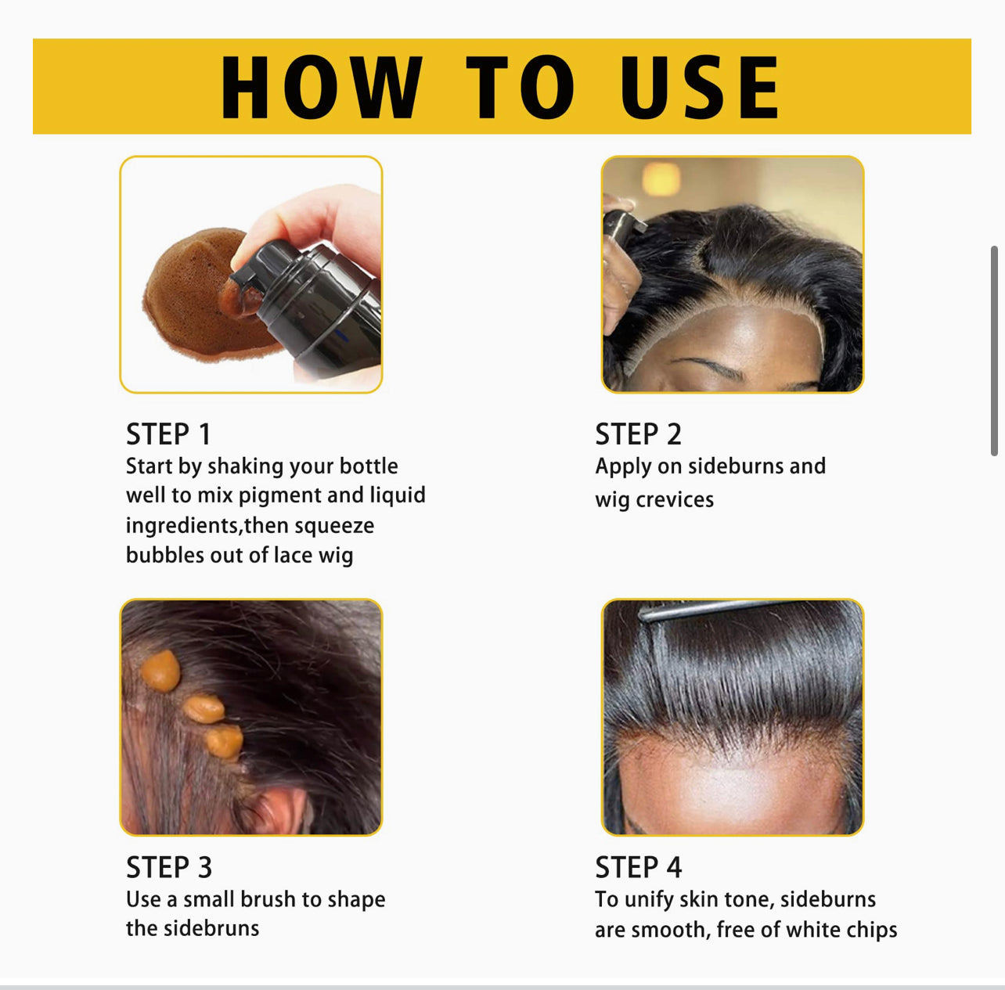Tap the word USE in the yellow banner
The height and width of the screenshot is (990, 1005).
point(699,88)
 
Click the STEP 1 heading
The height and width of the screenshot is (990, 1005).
point(168,434)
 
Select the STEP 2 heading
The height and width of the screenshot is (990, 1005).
point(638,434)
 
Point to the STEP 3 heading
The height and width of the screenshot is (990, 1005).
point(169,867)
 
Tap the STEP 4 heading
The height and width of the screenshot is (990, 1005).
point(638,867)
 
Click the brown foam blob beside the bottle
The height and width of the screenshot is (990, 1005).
point(188,297)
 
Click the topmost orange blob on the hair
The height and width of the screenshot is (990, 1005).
point(161,671)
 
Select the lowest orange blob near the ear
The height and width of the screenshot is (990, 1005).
point(224,741)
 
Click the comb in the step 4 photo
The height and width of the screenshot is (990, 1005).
point(704,609)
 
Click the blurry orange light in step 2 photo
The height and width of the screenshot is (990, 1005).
point(661,178)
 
